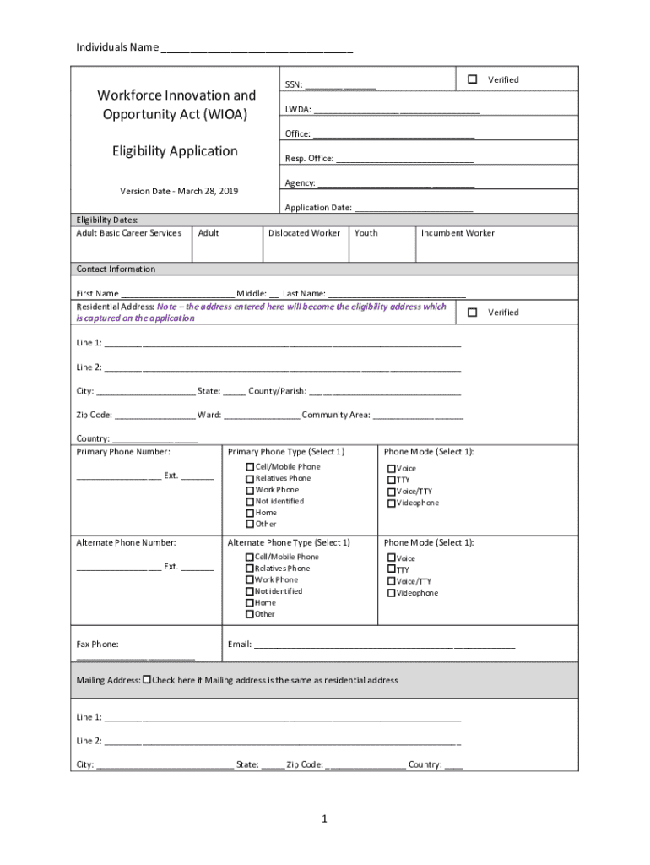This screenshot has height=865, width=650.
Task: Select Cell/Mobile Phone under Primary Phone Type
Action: [x=250, y=467]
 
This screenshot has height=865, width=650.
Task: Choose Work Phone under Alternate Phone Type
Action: [x=250, y=580]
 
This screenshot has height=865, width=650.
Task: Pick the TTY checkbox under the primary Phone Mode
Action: [x=392, y=480]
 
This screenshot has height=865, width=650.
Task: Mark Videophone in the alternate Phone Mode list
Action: [x=392, y=593]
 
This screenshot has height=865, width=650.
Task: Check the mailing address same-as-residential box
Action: [x=148, y=679]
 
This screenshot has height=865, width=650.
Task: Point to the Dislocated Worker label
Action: [x=305, y=233]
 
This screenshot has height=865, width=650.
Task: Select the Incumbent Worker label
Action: [x=458, y=233]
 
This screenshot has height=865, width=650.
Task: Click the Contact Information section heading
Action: [x=116, y=269]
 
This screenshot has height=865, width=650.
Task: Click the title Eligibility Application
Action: [x=176, y=151]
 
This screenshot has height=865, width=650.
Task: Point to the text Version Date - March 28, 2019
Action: [x=179, y=191]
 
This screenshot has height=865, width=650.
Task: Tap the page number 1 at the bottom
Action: [x=324, y=819]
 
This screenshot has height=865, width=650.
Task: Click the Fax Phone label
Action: [x=98, y=645]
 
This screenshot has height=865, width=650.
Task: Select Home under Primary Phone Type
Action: [x=250, y=513]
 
